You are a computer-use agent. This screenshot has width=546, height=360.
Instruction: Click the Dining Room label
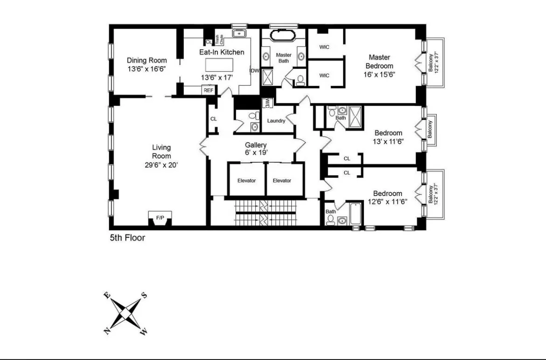coord(147,60)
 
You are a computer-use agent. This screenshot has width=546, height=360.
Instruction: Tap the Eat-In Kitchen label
coord(222,52)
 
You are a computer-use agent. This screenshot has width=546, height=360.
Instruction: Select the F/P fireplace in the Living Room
coord(160,218)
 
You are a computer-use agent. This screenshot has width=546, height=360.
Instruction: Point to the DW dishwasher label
coord(255,71)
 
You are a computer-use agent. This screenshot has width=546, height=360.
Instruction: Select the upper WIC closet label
coord(324,47)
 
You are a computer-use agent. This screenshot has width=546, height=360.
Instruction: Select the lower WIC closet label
coord(324,75)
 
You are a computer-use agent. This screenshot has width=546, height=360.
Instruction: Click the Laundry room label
coord(276,121)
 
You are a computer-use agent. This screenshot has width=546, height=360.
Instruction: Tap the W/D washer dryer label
coord(267,102)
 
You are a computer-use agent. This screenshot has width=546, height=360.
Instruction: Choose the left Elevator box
coord(246,180)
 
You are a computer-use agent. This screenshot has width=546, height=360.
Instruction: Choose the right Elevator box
coord(282,180)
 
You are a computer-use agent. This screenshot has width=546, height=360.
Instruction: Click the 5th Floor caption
coord(127,238)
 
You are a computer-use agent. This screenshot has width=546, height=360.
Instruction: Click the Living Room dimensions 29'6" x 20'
coord(161,165)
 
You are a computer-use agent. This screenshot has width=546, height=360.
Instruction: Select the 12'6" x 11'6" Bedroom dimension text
coord(387,202)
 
